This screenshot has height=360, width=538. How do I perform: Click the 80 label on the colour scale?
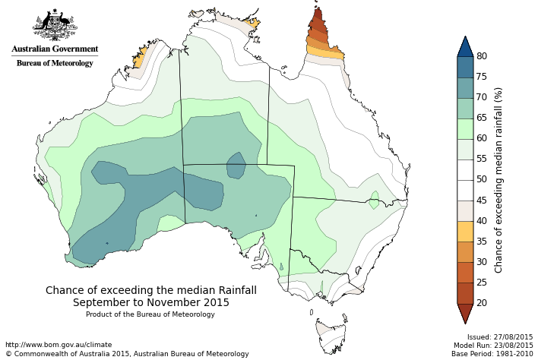(x=482, y=56)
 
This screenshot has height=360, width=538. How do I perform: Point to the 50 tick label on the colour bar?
(x=482, y=179)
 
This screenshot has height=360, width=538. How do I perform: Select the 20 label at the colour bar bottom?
(x=482, y=302)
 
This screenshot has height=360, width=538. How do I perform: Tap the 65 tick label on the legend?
(x=482, y=118)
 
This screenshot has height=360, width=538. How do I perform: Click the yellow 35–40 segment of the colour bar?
(x=465, y=231)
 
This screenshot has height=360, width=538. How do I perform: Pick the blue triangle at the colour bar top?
(x=465, y=46)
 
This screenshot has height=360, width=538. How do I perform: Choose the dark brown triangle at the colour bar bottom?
(x=465, y=312)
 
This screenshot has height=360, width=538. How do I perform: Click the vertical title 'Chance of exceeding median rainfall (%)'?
(x=498, y=179)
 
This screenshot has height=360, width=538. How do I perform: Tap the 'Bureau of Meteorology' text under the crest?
(x=55, y=63)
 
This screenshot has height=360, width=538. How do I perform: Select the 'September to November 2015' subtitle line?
(x=151, y=302)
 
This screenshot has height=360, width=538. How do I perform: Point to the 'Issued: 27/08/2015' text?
(x=499, y=336)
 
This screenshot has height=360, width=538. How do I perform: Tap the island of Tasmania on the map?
(x=331, y=334)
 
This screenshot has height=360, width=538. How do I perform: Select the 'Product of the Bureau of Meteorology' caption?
(x=150, y=314)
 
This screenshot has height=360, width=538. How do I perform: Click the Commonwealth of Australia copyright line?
(x=127, y=353)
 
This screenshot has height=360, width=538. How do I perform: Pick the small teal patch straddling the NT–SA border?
(x=236, y=165)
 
